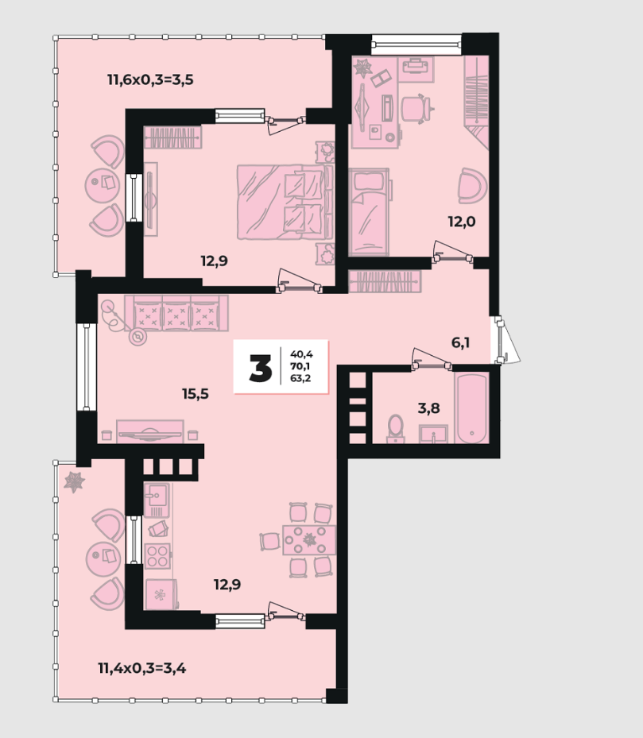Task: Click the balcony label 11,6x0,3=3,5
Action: (x=150, y=79)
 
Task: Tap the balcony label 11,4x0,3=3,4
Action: (x=141, y=667)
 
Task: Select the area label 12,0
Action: (x=462, y=221)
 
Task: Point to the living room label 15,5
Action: (x=196, y=393)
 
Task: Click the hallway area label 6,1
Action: (x=461, y=342)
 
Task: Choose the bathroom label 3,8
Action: (x=428, y=408)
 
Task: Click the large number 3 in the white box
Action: (x=261, y=368)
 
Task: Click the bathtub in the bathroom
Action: (x=471, y=408)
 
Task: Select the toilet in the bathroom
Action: (x=396, y=429)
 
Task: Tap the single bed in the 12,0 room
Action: (x=369, y=212)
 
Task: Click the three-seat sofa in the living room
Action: (x=176, y=313)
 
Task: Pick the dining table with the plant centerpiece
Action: (x=309, y=540)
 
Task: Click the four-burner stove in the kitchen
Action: (x=158, y=556)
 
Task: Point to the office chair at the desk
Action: (x=416, y=109)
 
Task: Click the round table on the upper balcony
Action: (x=101, y=185)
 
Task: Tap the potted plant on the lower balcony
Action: (x=75, y=482)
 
